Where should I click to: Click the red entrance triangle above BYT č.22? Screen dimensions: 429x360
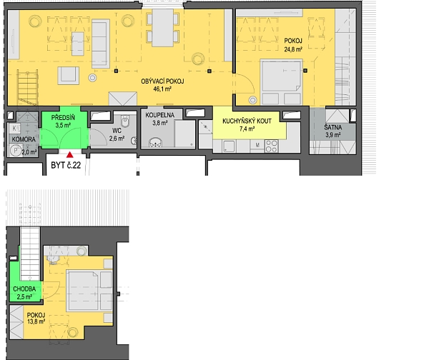(70, 155)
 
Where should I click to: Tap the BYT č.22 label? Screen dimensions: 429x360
(66, 165)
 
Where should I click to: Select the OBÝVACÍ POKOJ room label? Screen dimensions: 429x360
(162, 81)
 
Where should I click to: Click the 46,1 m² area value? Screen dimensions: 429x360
(162, 89)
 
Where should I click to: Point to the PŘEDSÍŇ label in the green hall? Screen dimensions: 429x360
(63, 118)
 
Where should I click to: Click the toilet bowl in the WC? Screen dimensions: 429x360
(125, 121)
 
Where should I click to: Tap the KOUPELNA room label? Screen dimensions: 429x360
(159, 115)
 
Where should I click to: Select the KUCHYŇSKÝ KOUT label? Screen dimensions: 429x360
(247, 121)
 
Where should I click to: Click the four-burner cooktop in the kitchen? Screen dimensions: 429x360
(272, 146)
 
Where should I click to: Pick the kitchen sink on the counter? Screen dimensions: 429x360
(229, 146)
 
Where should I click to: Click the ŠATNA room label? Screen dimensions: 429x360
(333, 127)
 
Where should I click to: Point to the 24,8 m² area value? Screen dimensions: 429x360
(293, 49)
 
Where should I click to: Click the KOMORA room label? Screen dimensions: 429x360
(24, 139)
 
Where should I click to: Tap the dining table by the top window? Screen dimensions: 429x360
(163, 28)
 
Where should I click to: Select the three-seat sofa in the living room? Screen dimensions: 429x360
(101, 44)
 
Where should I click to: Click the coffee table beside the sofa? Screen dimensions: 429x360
(78, 44)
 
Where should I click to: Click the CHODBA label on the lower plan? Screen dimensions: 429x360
(24, 289)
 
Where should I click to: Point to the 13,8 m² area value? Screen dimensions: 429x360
(36, 321)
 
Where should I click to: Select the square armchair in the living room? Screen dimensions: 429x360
(69, 75)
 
